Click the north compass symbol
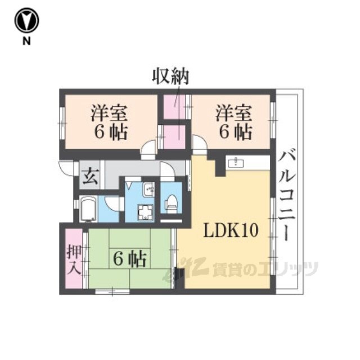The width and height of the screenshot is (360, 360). tap(26, 20)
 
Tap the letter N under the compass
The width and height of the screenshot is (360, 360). tap(26, 41)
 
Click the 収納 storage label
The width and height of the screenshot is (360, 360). tap(170, 76)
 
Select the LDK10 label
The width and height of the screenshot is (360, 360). tap(231, 230)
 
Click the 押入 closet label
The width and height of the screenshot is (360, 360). tap(74, 259)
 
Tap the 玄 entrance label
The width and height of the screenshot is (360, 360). tap(91, 177)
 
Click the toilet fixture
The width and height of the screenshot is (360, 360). tap(171, 201)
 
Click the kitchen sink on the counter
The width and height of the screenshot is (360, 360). tap(236, 163)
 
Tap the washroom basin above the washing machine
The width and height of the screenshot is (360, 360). tap(148, 190)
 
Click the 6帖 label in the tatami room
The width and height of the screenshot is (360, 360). tap(130, 259)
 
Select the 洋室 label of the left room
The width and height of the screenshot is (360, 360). tap(109, 113)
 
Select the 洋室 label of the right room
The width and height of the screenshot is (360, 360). tap(234, 113)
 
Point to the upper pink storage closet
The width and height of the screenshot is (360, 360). tap(174, 107)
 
